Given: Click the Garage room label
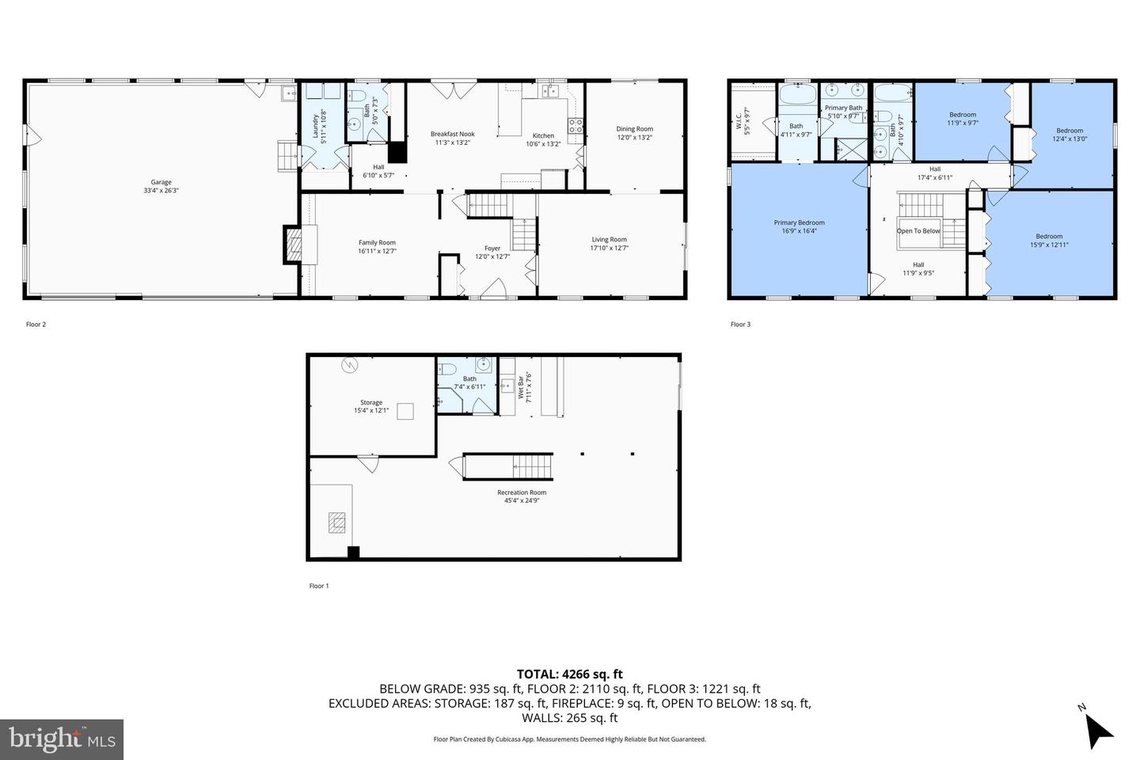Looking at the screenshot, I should pyautogui.click(x=161, y=182).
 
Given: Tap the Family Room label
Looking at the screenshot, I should pyautogui.click(x=377, y=243).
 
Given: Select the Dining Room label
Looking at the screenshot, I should pyautogui.click(x=635, y=129).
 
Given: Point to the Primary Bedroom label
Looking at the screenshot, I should pyautogui.click(x=799, y=223).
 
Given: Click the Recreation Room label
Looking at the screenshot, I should pyautogui.click(x=522, y=492).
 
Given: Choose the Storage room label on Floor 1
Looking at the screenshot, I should pyautogui.click(x=371, y=403).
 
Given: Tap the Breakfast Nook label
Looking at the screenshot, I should pyautogui.click(x=453, y=135).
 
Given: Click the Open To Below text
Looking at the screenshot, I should pyautogui.click(x=918, y=231).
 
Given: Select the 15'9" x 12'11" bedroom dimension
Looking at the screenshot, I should pyautogui.click(x=1049, y=245).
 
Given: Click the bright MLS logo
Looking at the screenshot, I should pyautogui.click(x=61, y=739).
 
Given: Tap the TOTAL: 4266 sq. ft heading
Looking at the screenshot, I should pyautogui.click(x=570, y=674).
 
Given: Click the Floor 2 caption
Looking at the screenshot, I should pyautogui.click(x=36, y=324).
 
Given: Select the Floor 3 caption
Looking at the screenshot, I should pyautogui.click(x=739, y=324).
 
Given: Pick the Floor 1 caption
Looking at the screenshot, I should pyautogui.click(x=319, y=586).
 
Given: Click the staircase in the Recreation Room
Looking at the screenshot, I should pyautogui.click(x=507, y=465).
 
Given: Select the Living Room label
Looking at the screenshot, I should pyautogui.click(x=609, y=240).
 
